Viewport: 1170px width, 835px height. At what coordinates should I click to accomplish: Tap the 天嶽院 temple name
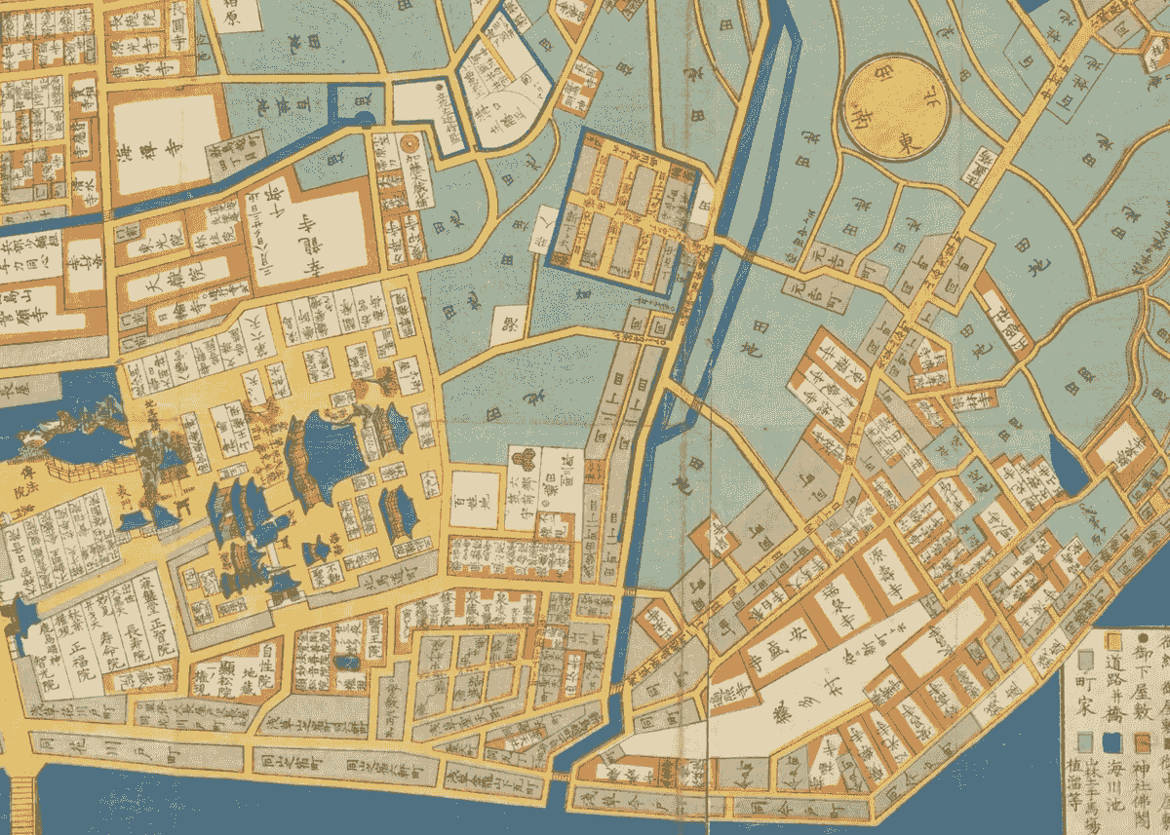[154, 289]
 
